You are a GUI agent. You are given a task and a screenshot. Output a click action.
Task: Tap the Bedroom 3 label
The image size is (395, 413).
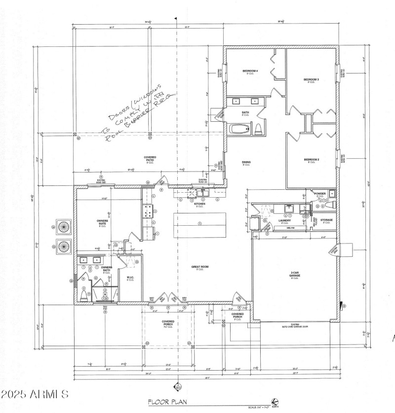point(311,80)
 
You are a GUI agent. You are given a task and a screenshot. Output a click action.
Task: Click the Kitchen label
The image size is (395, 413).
point(199,204)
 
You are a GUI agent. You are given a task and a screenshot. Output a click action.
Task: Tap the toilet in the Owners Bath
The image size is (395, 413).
point(83,295)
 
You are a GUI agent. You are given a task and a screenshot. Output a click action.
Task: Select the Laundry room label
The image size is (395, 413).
point(284,220)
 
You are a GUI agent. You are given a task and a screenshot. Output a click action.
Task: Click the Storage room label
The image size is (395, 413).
point(326,220)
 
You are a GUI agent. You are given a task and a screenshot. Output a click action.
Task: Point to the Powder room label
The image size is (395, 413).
point(319,194)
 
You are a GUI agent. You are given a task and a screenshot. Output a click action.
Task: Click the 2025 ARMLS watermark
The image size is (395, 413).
point(35,395)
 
